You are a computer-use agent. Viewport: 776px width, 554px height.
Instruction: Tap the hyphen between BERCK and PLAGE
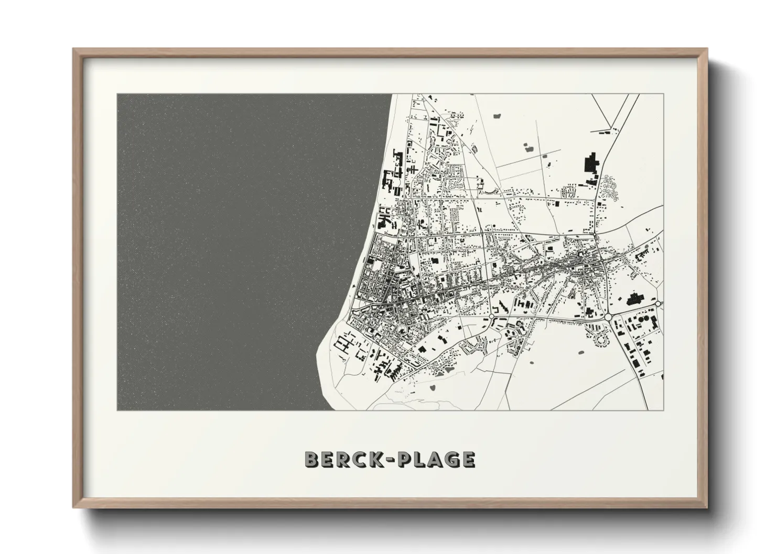point(389,460)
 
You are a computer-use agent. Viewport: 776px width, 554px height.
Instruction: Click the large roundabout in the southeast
point(608,317)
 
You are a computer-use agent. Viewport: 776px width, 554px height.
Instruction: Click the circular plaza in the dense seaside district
point(403,330)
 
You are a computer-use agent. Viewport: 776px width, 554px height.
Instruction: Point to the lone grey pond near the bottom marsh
point(433,388)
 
